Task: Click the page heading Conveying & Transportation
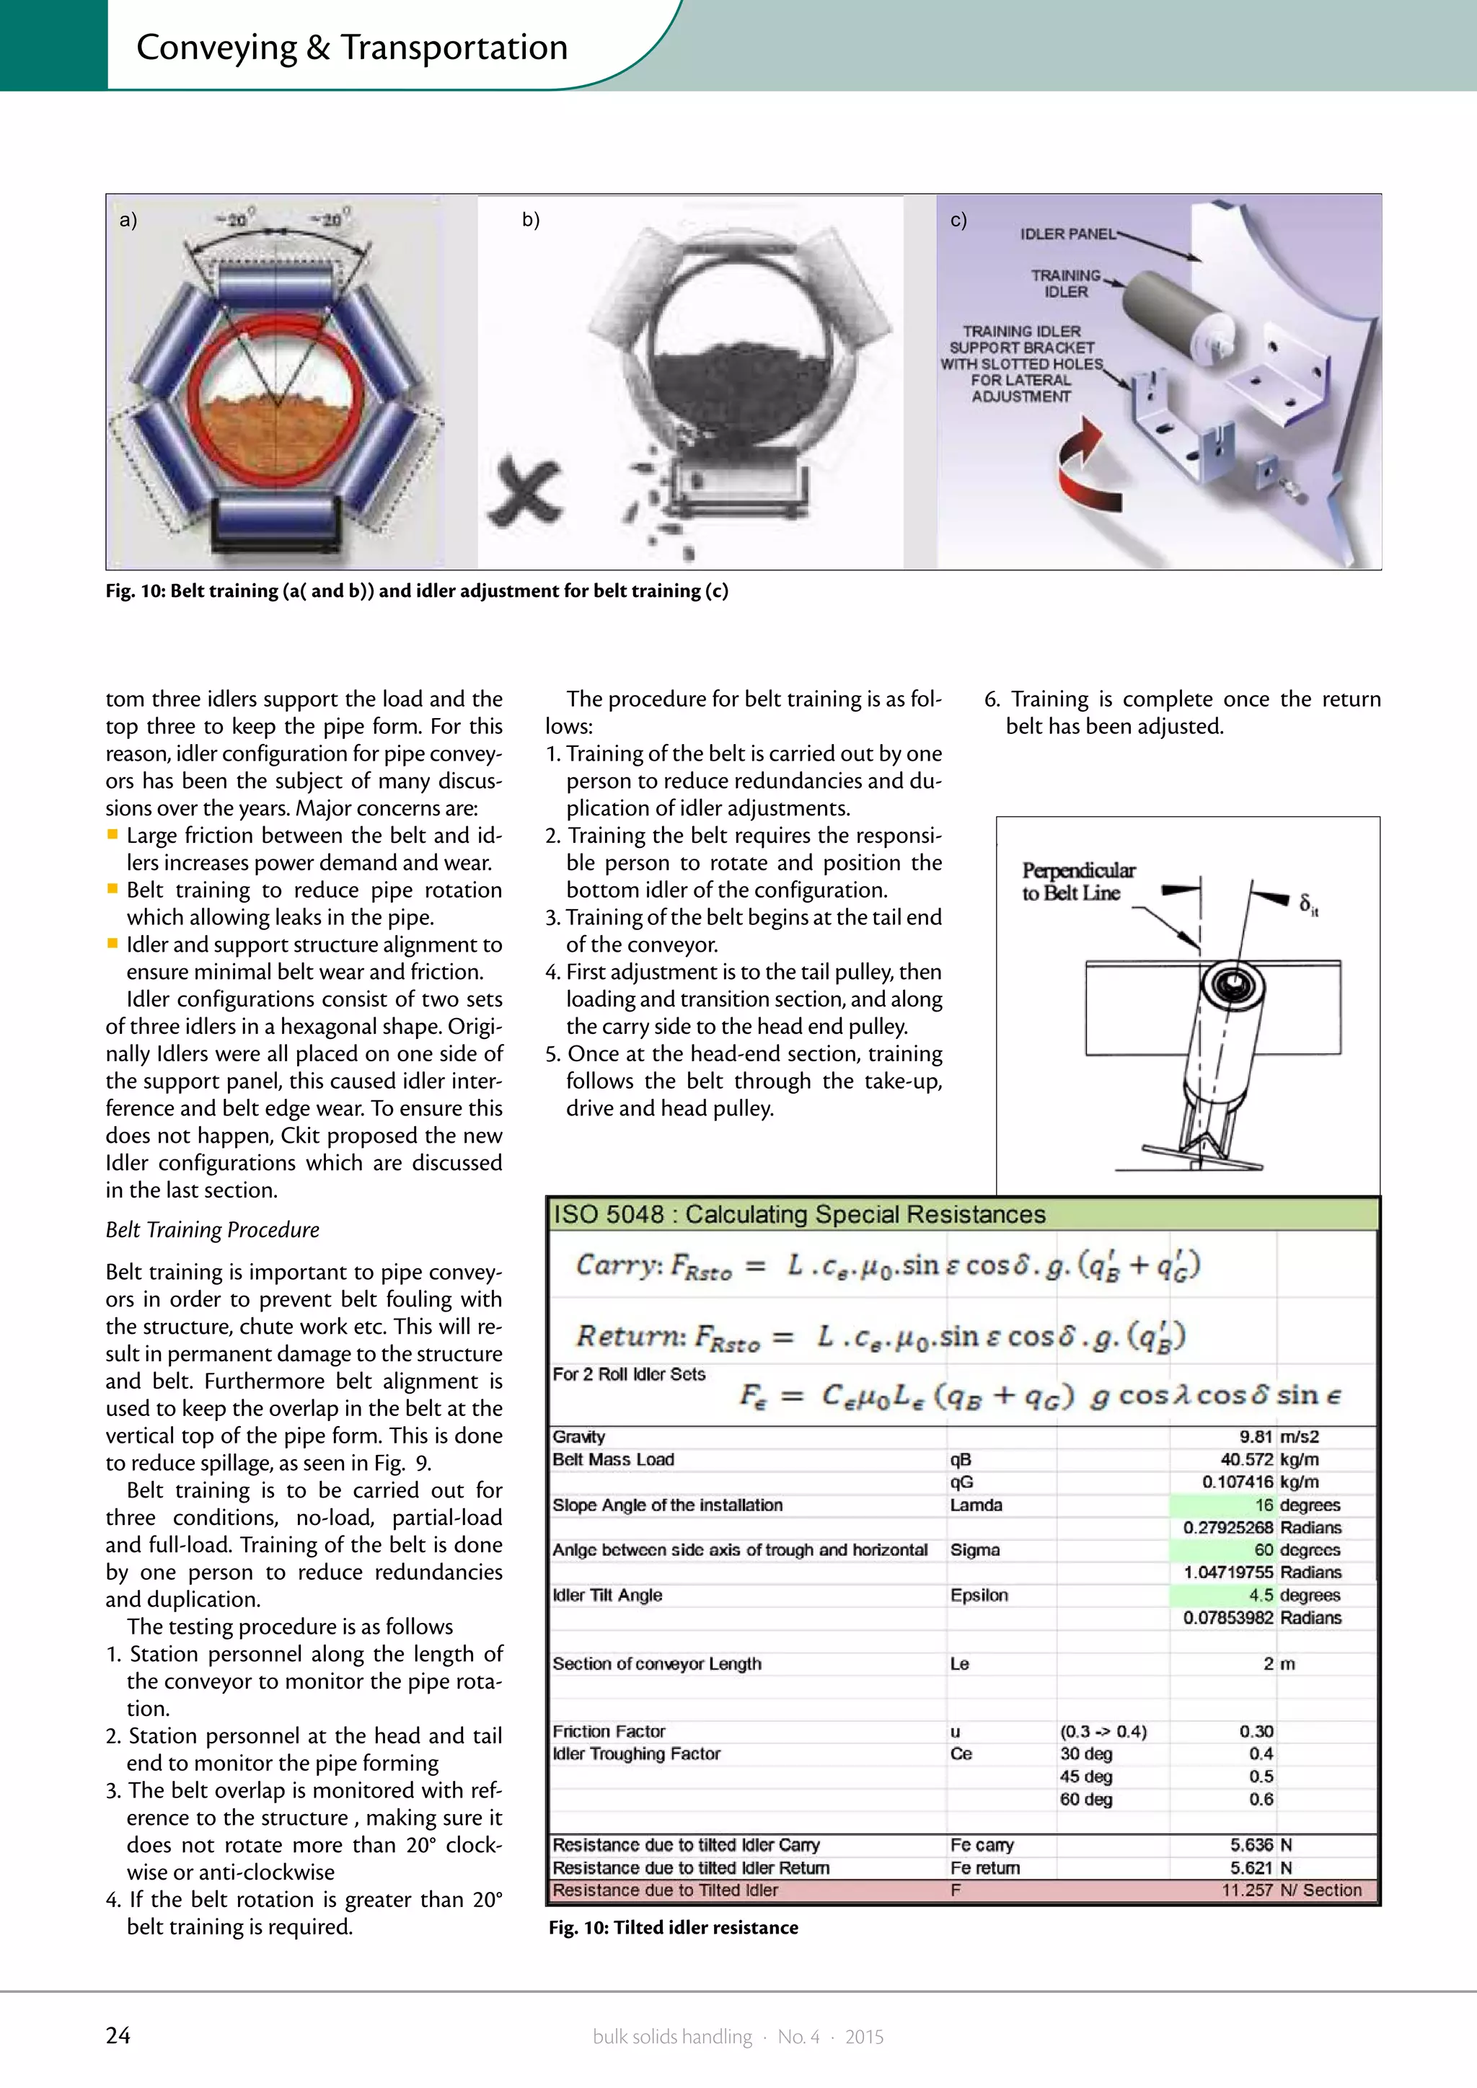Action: coord(352,48)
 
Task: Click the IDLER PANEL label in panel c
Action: coord(1067,234)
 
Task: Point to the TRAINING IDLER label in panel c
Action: coord(1065,283)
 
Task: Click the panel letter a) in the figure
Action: coord(128,219)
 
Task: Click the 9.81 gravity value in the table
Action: coord(1255,1437)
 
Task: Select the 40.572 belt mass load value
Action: coord(1246,1459)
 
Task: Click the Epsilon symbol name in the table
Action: coord(979,1595)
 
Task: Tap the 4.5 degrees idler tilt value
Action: coord(1261,1595)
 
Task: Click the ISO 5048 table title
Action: coord(799,1215)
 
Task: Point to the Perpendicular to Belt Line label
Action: coord(1077,881)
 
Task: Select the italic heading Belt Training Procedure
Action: coord(212,1229)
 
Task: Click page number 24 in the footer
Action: coord(118,2035)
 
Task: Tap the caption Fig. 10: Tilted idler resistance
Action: coord(673,1928)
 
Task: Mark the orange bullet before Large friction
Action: coord(113,834)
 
